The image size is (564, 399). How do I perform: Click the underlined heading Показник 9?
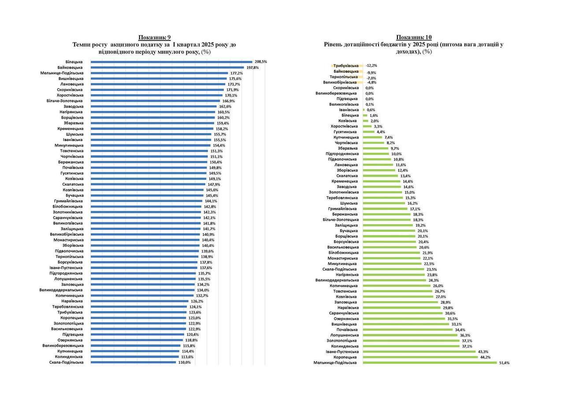(154, 37)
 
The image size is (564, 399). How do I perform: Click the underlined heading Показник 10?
(414, 37)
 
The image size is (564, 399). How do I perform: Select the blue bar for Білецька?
(171, 62)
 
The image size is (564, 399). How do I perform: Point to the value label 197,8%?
(252, 67)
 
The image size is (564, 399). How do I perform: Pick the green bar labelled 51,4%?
(430, 363)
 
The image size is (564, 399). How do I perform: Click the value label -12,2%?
(371, 65)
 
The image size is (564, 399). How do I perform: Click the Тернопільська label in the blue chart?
(69, 257)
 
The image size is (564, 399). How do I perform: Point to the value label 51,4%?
(504, 363)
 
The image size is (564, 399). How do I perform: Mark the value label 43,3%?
(483, 352)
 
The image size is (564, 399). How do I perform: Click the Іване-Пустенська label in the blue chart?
(66, 268)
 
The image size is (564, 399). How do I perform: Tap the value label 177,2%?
(236, 73)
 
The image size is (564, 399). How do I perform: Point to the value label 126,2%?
(197, 301)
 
